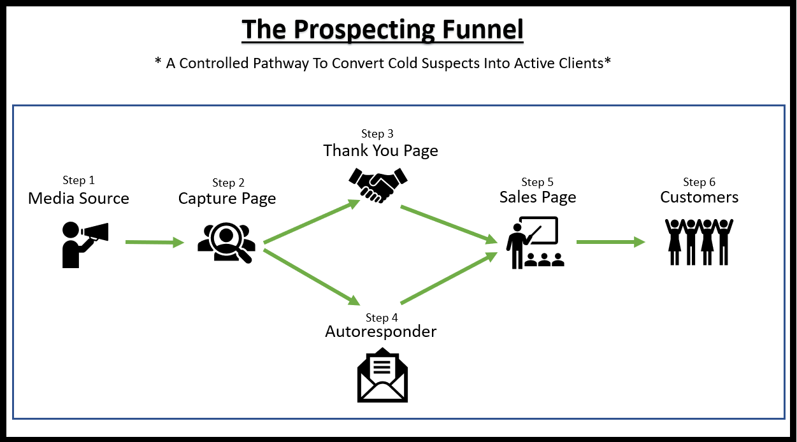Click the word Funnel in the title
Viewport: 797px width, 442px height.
click(x=482, y=29)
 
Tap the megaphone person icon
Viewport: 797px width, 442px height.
click(x=85, y=245)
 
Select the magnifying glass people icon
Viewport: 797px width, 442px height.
click(x=227, y=243)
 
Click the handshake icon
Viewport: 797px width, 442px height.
click(x=378, y=185)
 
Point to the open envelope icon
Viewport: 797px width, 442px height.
click(x=382, y=374)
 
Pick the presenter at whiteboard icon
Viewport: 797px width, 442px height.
click(x=535, y=242)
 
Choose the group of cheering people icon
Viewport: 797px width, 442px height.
click(x=699, y=242)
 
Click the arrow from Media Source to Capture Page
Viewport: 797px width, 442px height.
click(x=155, y=243)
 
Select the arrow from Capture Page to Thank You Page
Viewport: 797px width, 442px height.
click(x=312, y=221)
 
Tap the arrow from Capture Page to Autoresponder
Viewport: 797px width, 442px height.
click(x=312, y=277)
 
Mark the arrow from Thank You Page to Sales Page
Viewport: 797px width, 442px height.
click(x=449, y=224)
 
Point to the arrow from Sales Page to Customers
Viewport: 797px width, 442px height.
click(x=610, y=242)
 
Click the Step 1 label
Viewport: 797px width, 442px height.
click(x=78, y=180)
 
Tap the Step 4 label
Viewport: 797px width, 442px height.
click(x=382, y=318)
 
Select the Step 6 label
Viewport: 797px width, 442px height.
click(x=699, y=182)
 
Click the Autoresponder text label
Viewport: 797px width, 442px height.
click(x=381, y=332)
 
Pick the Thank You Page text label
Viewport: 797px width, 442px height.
click(x=380, y=150)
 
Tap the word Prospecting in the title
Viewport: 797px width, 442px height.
click(x=364, y=30)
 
